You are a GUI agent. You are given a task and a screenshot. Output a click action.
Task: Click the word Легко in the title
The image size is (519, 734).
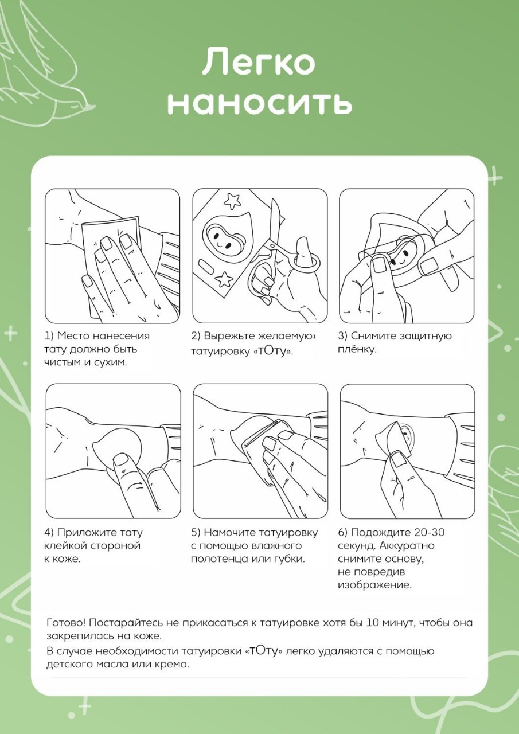(x=259, y=61)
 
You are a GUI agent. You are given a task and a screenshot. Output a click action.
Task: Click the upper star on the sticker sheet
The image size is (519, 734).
(x=232, y=201)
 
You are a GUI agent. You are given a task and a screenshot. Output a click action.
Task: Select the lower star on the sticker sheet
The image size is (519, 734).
(x=225, y=279)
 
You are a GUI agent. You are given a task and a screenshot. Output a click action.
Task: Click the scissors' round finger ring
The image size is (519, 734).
(x=307, y=262)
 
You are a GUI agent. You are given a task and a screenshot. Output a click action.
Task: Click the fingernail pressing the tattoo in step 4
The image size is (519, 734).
(x=121, y=459)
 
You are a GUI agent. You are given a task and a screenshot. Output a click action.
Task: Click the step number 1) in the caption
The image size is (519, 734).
(x=49, y=336)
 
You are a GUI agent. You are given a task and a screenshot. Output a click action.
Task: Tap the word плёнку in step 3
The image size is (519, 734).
(x=357, y=349)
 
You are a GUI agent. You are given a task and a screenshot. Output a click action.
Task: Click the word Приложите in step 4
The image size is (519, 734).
(x=83, y=533)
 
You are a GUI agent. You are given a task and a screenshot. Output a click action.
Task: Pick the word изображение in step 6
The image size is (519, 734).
(x=375, y=585)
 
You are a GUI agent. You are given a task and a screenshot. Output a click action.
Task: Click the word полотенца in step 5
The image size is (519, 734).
(x=219, y=559)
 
